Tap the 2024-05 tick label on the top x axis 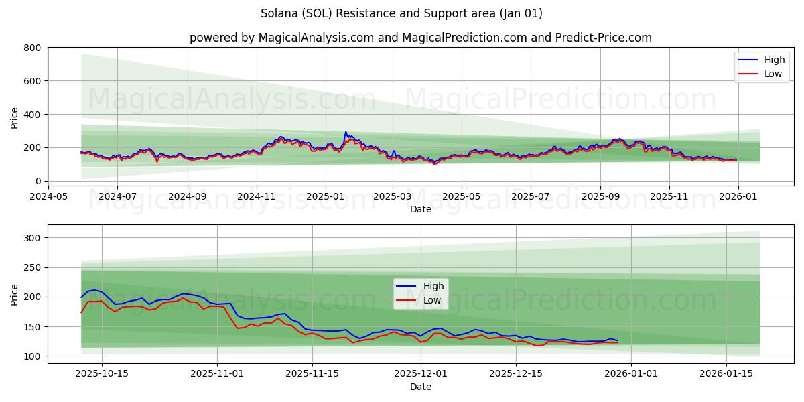48,197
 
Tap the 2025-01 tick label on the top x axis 326,197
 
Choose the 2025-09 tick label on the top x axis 600,197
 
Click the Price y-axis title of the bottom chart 15,294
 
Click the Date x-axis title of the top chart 420,210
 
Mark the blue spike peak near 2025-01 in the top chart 346,132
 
